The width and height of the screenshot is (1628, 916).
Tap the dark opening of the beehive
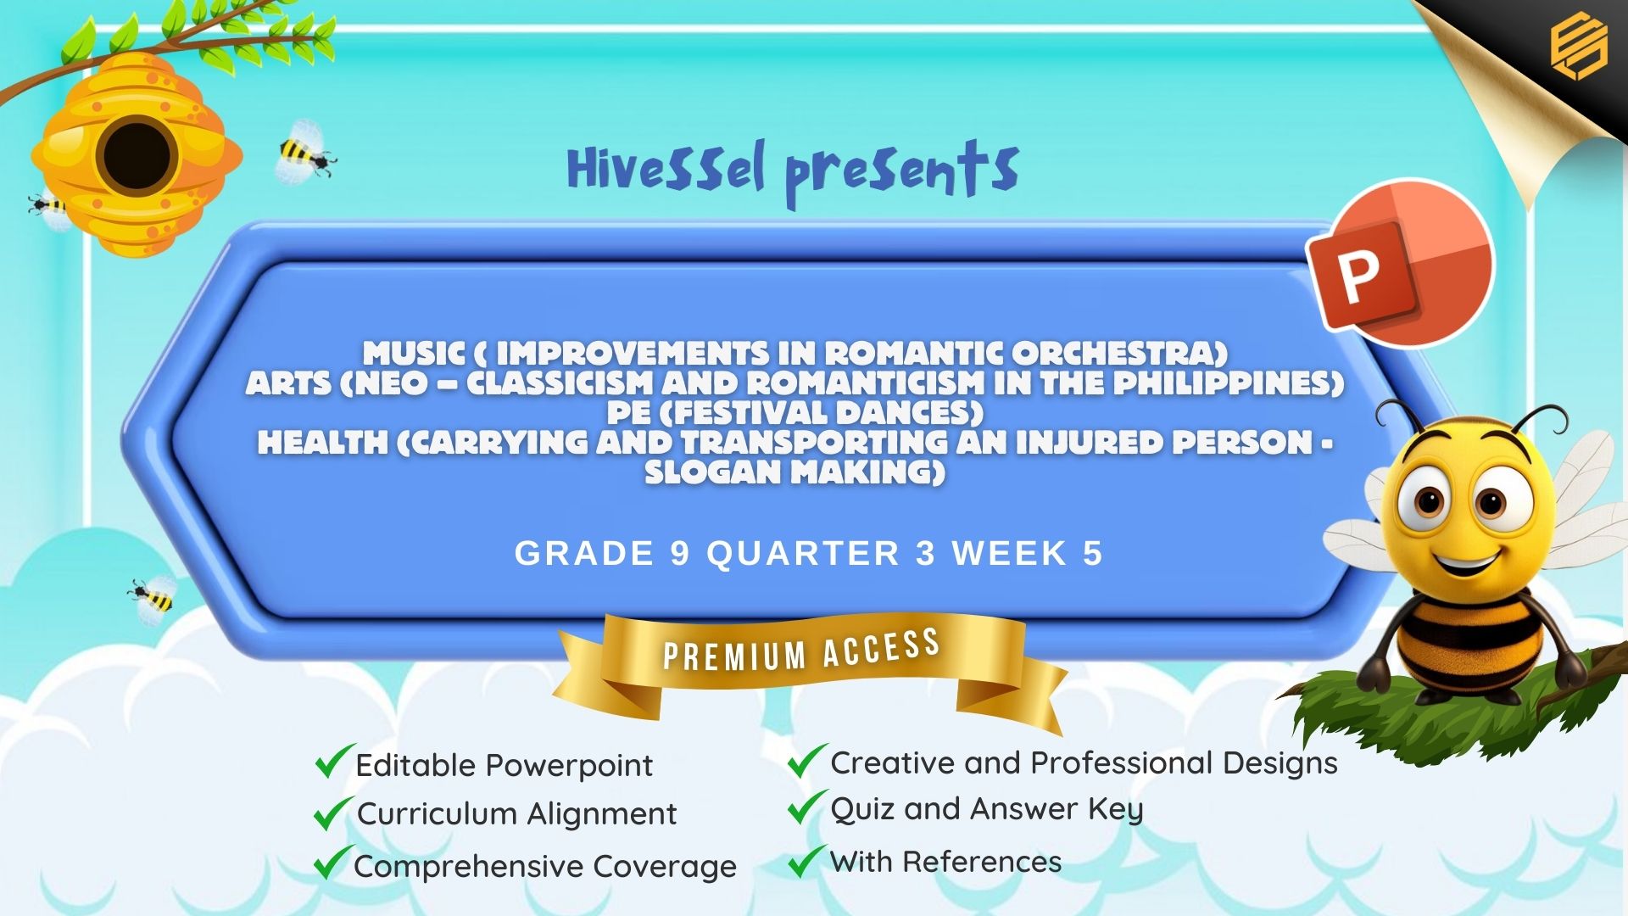(x=137, y=156)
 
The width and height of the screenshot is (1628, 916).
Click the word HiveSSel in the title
(x=666, y=167)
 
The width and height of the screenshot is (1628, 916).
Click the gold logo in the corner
(x=1579, y=46)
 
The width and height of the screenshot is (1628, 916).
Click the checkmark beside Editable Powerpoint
(x=334, y=761)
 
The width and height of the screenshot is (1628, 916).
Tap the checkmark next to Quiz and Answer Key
(x=807, y=807)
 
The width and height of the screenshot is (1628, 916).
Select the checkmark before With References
(x=806, y=860)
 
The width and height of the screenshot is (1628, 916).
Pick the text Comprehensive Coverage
(x=545, y=867)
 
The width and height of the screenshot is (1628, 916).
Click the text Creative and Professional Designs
(x=1084, y=763)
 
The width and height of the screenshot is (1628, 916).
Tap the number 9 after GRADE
(x=680, y=553)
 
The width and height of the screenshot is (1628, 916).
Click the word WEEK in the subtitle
(x=1009, y=553)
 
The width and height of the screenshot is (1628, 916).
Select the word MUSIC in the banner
(x=413, y=353)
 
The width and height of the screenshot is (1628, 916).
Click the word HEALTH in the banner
(x=322, y=442)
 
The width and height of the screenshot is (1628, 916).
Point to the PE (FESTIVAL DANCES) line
(x=795, y=412)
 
